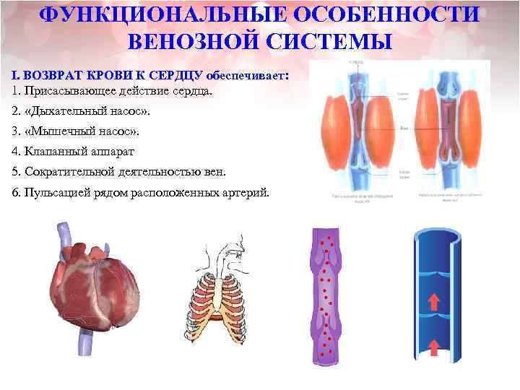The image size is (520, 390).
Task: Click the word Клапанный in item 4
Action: (53, 152)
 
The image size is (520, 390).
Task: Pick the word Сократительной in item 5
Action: (66, 172)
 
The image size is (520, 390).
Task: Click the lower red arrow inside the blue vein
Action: (434, 346)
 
